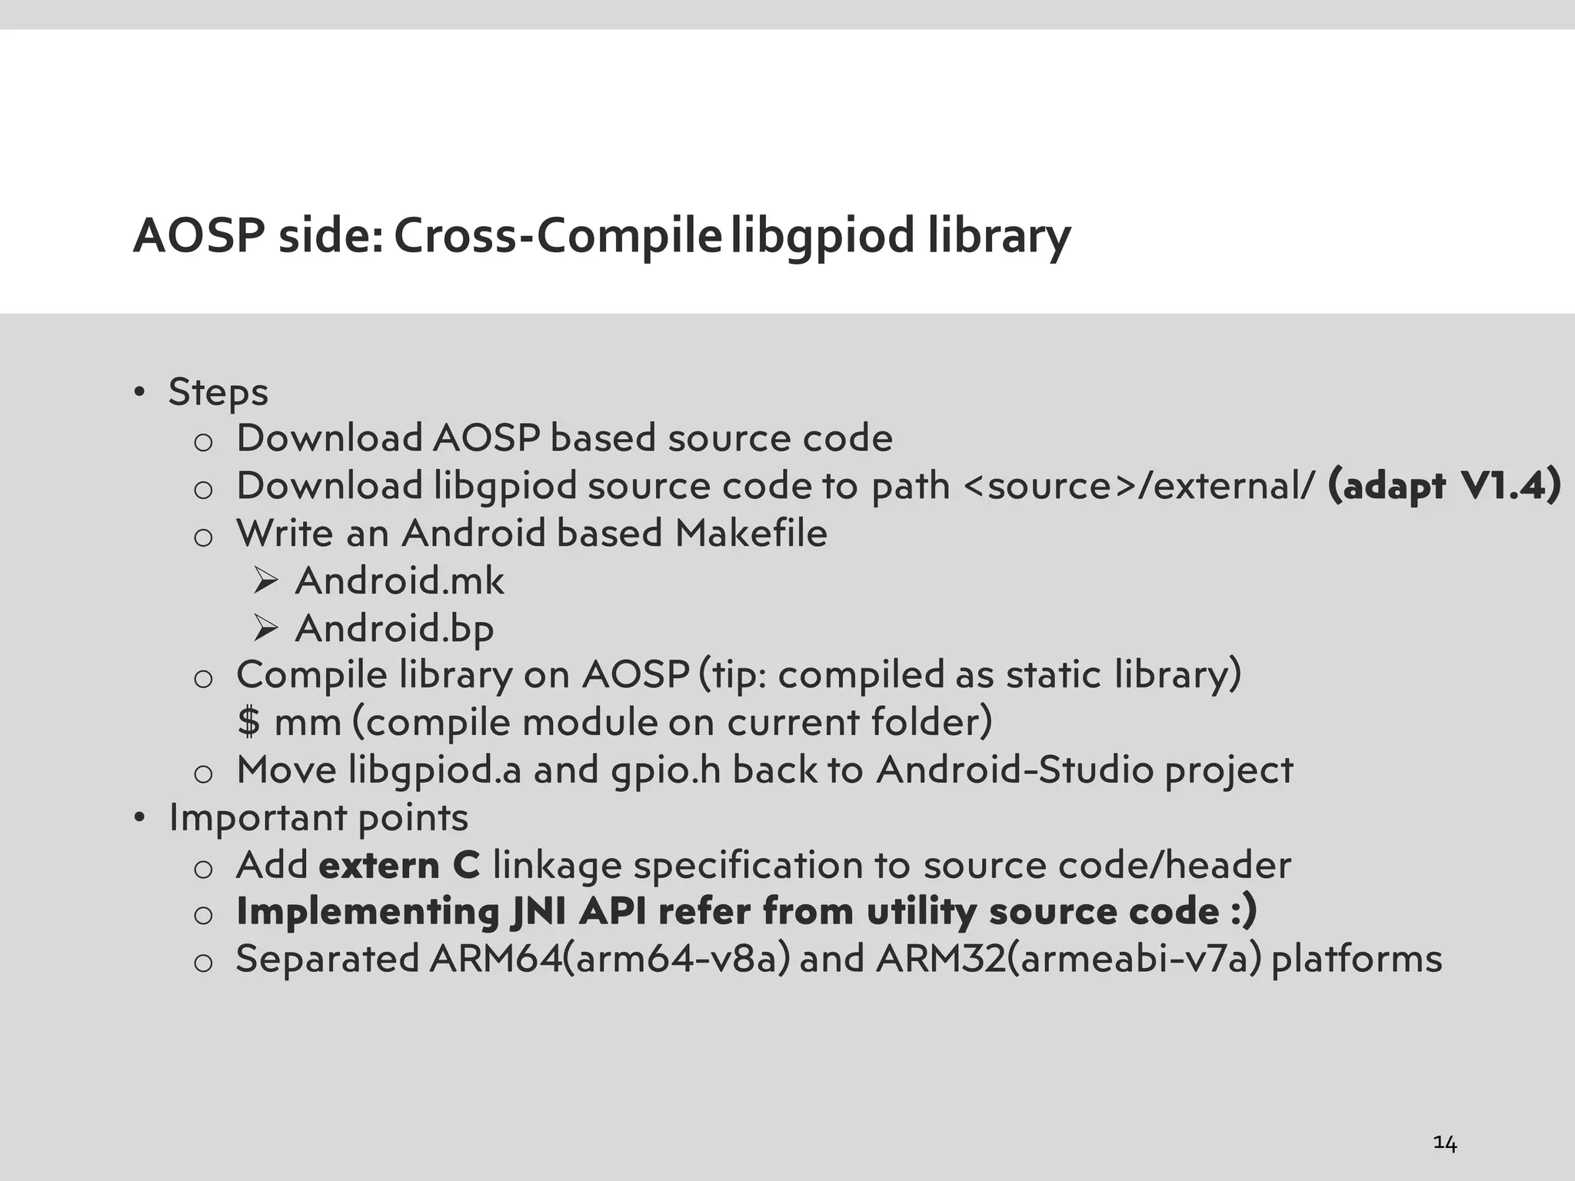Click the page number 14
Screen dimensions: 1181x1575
pyautogui.click(x=1445, y=1144)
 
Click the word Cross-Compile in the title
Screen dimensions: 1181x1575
pyautogui.click(x=558, y=235)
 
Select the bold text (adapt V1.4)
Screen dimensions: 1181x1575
pyautogui.click(x=1444, y=486)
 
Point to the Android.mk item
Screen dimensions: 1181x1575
pyautogui.click(x=399, y=581)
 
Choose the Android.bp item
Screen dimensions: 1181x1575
pyautogui.click(x=394, y=628)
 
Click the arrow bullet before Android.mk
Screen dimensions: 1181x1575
pyautogui.click(x=265, y=581)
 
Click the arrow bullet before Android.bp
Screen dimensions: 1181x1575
pyautogui.click(x=265, y=629)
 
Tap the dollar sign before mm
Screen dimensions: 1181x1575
pyautogui.click(x=248, y=723)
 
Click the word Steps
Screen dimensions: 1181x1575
pyautogui.click(x=218, y=392)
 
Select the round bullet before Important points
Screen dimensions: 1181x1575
pyautogui.click(x=139, y=817)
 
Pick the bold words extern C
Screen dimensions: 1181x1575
pyautogui.click(x=399, y=865)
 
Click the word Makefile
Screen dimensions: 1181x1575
pyautogui.click(x=751, y=534)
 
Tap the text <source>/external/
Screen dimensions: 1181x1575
pyautogui.click(x=1139, y=486)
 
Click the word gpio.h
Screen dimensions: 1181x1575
pyautogui.click(x=666, y=770)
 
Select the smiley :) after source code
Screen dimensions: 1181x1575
pyautogui.click(x=1243, y=912)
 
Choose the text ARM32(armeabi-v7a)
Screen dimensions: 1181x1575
pyautogui.click(x=1068, y=960)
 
